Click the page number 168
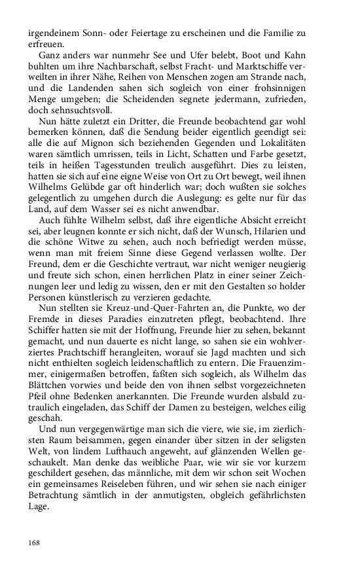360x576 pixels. click(x=35, y=542)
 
